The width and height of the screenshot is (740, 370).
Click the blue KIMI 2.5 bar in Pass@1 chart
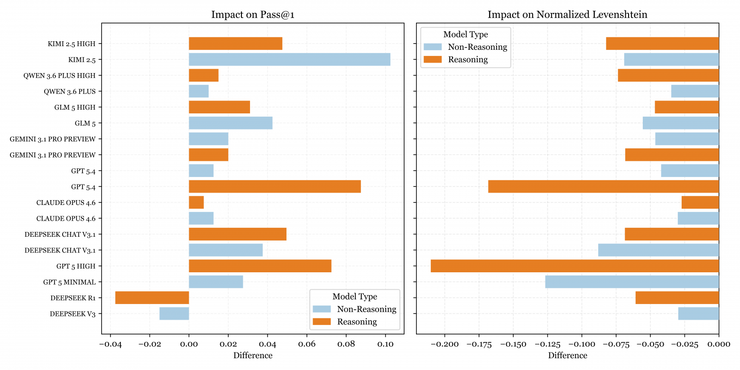289,59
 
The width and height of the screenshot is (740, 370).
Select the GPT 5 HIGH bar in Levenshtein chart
574,266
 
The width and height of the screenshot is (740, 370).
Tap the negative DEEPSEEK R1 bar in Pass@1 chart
152,298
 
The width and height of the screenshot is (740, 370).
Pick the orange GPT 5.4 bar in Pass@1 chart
275,186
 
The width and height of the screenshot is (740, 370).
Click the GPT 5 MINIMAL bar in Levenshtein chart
632,282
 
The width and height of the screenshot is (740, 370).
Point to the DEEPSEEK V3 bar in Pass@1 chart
174,314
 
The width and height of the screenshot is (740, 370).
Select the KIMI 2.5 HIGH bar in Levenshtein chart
662,44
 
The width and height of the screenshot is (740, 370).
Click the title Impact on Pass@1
252,15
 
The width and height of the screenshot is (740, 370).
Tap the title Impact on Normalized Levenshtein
567,15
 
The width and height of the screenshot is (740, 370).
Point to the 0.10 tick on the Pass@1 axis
385,344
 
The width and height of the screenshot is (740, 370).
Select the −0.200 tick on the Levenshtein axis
444,344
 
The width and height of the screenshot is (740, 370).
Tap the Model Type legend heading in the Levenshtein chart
465,34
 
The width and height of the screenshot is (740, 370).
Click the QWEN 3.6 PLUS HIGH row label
59,75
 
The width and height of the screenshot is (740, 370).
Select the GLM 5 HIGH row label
74,107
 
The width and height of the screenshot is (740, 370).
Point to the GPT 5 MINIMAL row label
69,282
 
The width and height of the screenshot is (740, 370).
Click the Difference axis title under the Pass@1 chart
252,355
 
